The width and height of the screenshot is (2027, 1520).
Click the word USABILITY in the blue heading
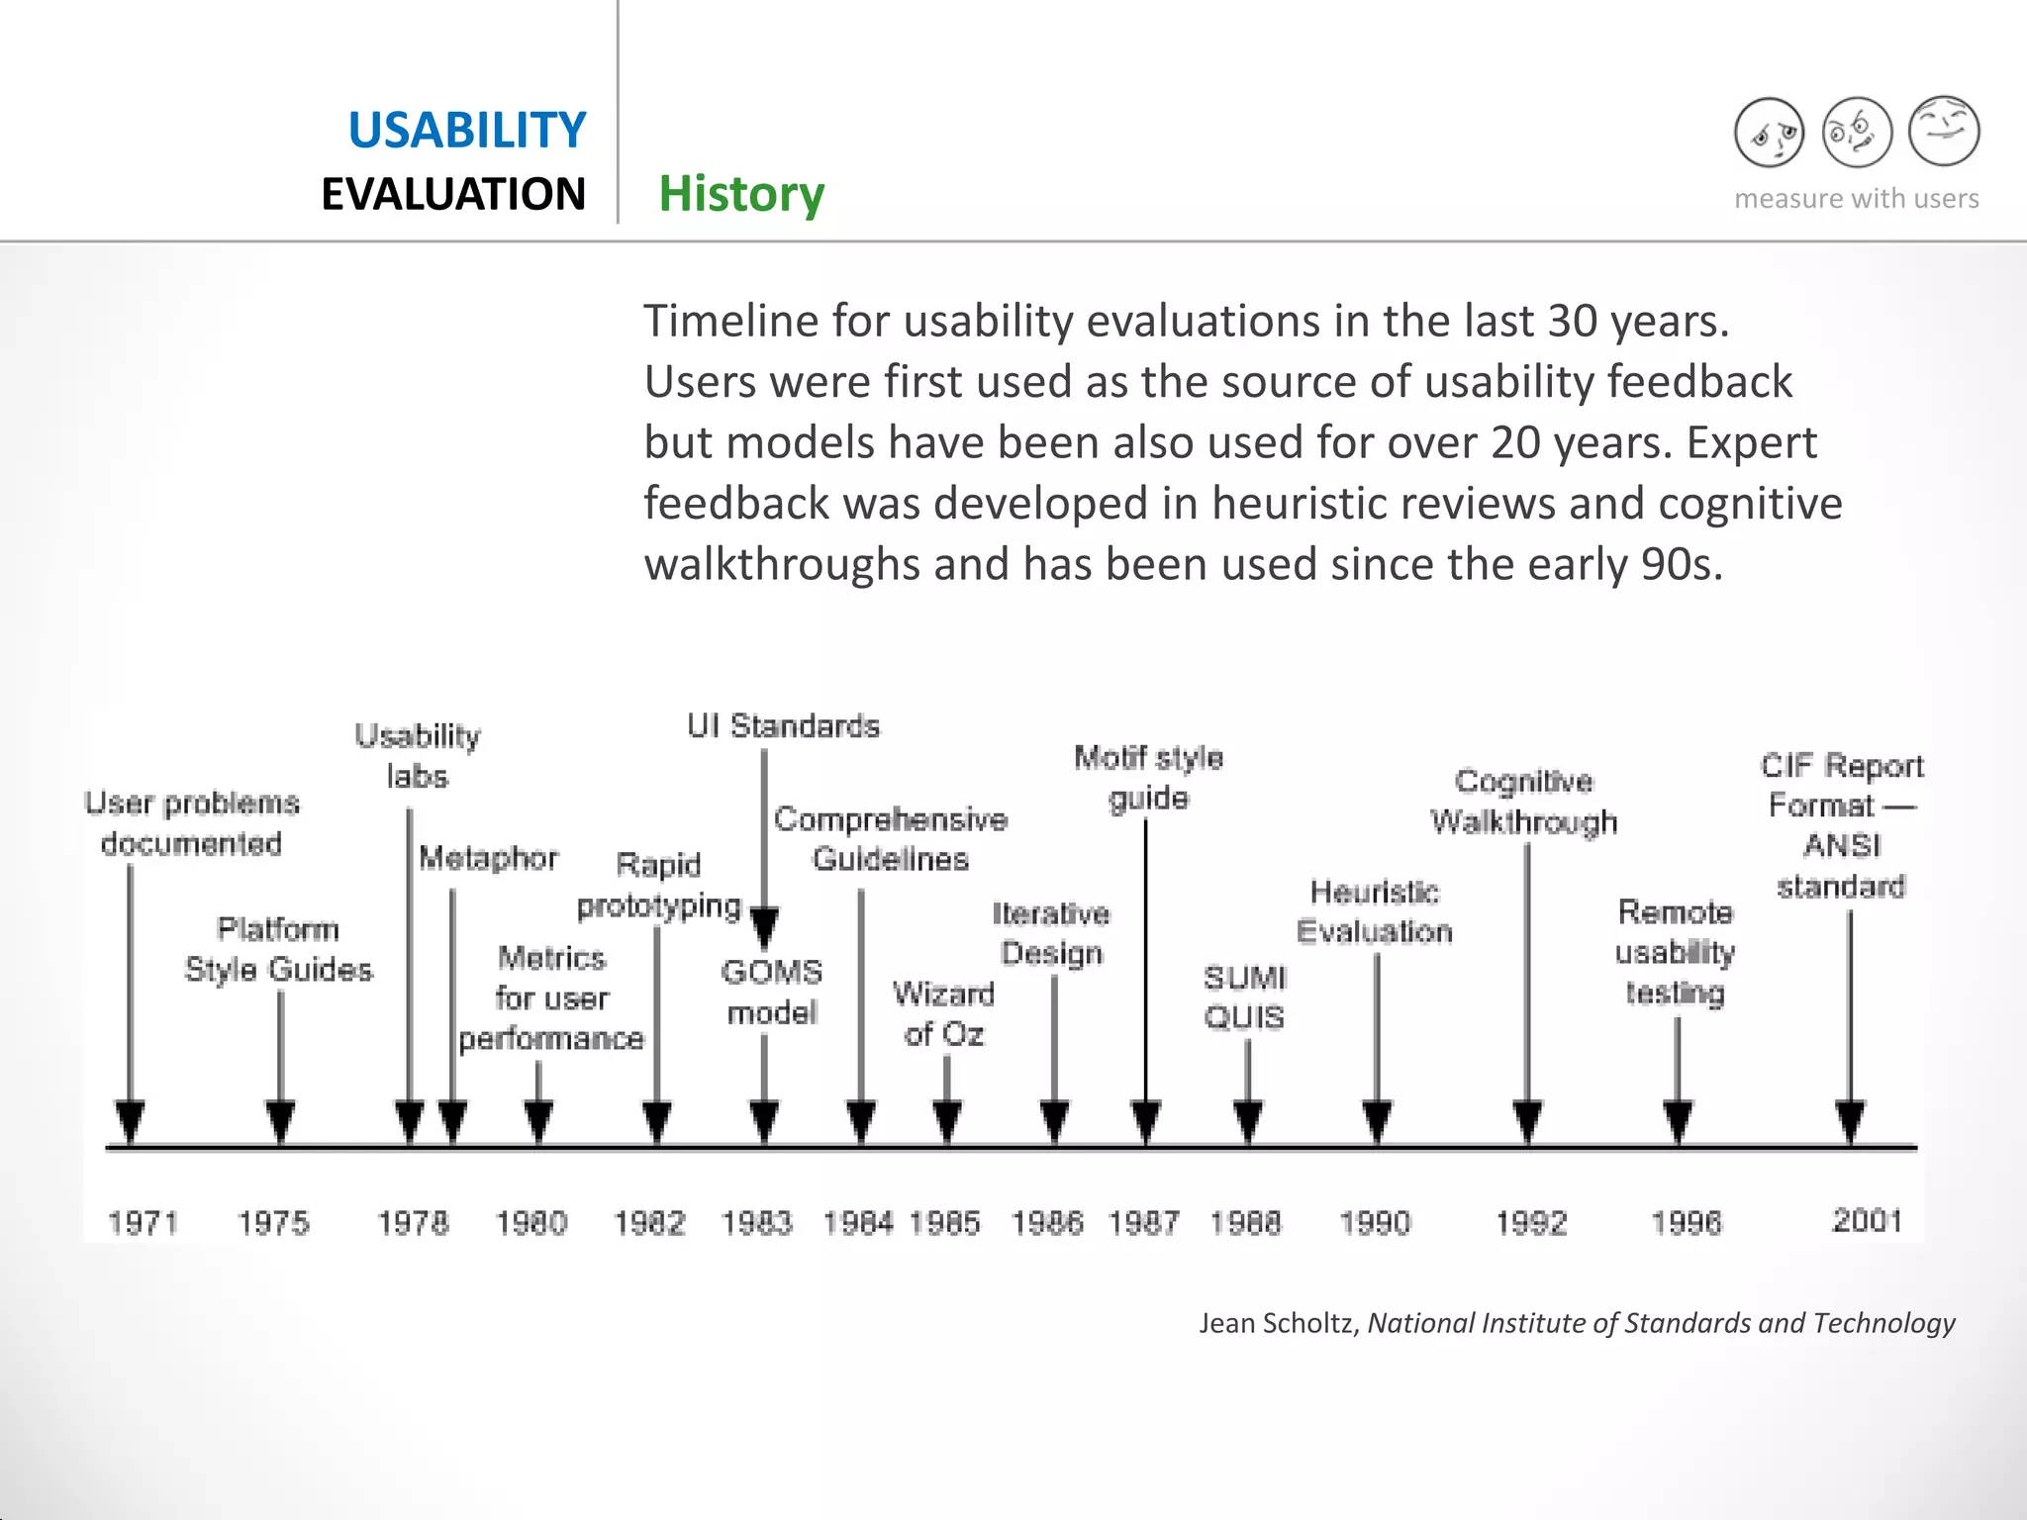[x=466, y=131]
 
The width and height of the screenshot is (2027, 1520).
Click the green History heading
[x=741, y=194]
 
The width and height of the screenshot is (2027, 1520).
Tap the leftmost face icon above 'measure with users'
[x=1769, y=133]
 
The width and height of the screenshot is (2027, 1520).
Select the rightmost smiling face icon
[x=1944, y=131]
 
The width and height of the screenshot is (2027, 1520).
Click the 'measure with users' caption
[x=1856, y=199]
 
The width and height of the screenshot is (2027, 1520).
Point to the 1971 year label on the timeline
[x=143, y=1223]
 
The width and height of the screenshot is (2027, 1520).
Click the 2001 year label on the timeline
[x=1867, y=1220]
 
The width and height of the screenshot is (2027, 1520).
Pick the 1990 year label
[x=1375, y=1223]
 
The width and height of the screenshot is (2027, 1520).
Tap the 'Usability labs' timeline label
[x=417, y=756]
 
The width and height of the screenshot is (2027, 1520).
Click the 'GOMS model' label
[x=772, y=992]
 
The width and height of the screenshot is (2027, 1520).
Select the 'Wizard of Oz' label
[x=943, y=1013]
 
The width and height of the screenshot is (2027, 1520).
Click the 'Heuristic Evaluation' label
[x=1374, y=911]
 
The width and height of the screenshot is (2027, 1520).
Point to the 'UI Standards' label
[x=783, y=726]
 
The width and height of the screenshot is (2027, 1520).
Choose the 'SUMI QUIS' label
[x=1244, y=997]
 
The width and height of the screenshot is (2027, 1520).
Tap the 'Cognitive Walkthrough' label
[x=1523, y=802]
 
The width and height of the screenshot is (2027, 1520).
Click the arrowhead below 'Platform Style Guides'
[x=280, y=1121]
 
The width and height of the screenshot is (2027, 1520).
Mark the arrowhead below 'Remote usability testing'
[x=1677, y=1121]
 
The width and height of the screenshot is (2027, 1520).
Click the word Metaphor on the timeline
[x=488, y=858]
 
